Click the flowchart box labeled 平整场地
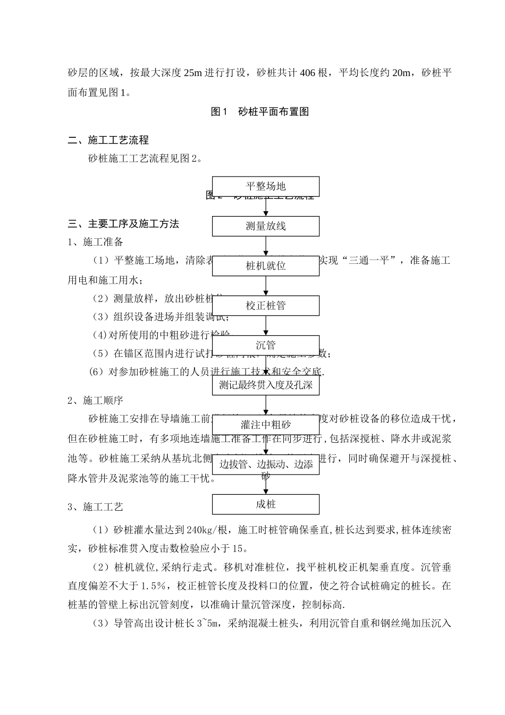(x=266, y=187)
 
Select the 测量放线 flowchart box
(x=266, y=226)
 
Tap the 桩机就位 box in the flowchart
(x=266, y=266)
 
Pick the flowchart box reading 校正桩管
(x=266, y=306)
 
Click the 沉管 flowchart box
(x=266, y=345)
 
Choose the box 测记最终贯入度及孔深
(x=266, y=385)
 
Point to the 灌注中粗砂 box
(x=266, y=425)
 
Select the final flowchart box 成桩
(x=266, y=504)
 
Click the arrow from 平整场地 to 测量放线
(x=266, y=206)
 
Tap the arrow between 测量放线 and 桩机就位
(x=266, y=246)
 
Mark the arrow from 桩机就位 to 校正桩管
(x=266, y=286)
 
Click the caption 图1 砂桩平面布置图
(x=260, y=112)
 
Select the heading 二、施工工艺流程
(x=108, y=140)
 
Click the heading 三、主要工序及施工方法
(x=123, y=224)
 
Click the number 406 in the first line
(x=307, y=73)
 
